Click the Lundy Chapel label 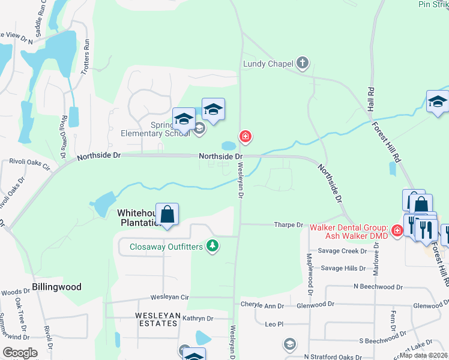click(x=268, y=64)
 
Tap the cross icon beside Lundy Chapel click(x=303, y=62)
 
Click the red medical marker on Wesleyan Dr click(x=245, y=137)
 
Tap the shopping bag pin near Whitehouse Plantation click(x=167, y=215)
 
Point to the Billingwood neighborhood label click(x=57, y=287)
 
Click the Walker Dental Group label click(x=349, y=231)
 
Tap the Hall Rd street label click(x=370, y=98)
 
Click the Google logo click(x=20, y=353)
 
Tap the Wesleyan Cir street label click(x=170, y=297)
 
